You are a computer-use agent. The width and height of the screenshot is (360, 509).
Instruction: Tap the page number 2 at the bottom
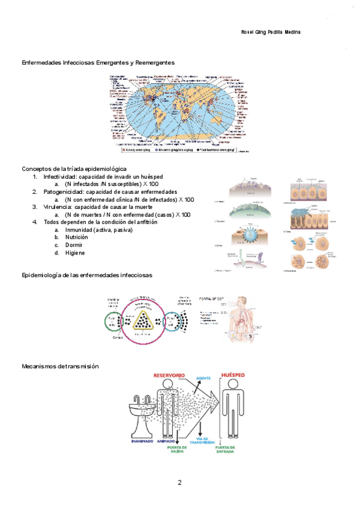[179, 483]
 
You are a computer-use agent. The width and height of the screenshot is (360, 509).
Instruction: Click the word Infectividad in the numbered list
[60, 176]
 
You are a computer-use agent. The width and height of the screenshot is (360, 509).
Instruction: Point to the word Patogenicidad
[63, 191]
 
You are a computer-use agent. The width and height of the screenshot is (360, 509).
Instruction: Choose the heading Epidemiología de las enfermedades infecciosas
[86, 274]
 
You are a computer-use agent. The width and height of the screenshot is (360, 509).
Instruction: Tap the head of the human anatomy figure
[241, 300]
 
